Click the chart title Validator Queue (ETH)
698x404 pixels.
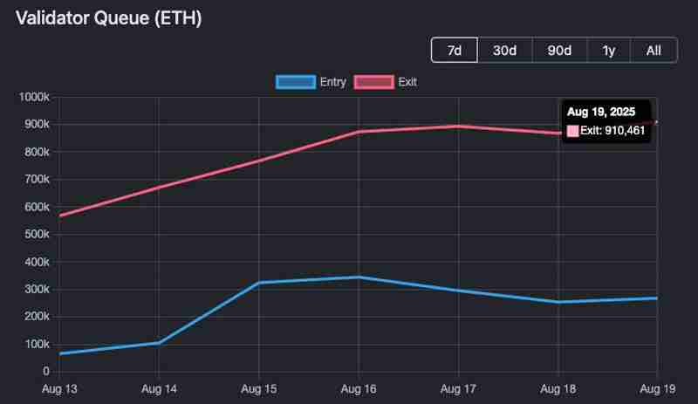point(109,17)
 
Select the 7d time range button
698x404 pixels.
point(455,50)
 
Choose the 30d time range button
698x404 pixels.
point(504,50)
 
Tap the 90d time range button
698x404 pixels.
point(559,50)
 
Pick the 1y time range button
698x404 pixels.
point(609,50)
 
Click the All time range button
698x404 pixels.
point(654,50)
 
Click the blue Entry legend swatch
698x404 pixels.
point(295,82)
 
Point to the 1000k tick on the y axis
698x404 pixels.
point(34,97)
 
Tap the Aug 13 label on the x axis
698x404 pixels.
point(59,387)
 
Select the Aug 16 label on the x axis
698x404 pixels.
point(358,387)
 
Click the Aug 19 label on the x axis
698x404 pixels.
point(656,387)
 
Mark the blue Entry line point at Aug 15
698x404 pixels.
point(258,283)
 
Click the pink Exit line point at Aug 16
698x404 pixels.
point(358,132)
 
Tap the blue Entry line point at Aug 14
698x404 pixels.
point(159,343)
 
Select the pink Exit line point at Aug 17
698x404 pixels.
point(457,127)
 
